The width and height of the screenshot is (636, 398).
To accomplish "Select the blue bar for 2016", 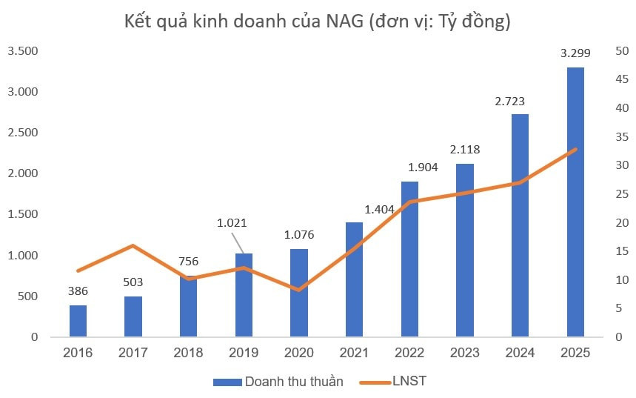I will (78, 321).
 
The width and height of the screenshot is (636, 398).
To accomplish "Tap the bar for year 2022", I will (409, 259).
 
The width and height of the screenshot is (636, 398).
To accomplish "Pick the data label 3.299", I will (575, 53).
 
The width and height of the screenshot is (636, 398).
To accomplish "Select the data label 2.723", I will (520, 101).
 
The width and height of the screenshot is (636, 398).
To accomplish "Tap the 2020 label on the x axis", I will (298, 353).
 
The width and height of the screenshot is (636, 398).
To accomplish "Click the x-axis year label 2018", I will (188, 353).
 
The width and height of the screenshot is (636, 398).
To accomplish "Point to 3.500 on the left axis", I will (22, 51).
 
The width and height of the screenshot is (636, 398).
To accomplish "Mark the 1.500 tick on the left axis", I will (22, 215).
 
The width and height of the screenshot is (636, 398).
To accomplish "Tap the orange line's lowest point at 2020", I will (298, 290).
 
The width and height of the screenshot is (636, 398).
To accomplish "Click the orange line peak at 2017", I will (133, 245).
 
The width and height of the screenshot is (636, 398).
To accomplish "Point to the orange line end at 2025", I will (575, 149).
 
